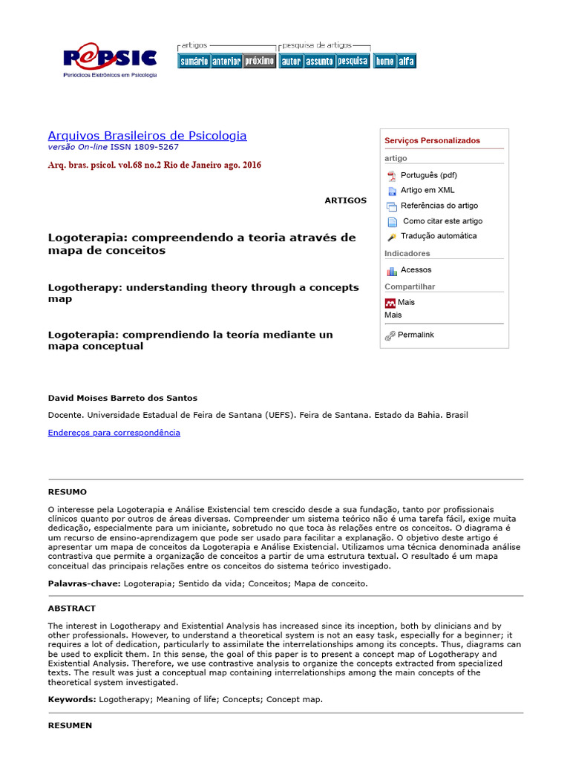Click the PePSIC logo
pos(110,59)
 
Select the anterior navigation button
pos(226,62)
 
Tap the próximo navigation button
pos(259,62)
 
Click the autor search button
pos(291,62)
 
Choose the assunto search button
pos(319,62)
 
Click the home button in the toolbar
pos(384,62)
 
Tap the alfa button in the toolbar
pos(407,62)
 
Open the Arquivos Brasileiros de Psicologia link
pos(147,136)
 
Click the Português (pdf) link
pos(428,175)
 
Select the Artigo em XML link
pos(427,190)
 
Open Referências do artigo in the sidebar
pos(439,206)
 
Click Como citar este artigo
pos(442,221)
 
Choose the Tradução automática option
pos(439,236)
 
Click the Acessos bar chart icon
pos(391,271)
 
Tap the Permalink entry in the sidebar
pos(416,335)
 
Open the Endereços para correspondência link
pos(114,433)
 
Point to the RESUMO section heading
pos(68,492)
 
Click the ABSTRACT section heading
pos(72,609)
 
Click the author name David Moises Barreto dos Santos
pos(122,398)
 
